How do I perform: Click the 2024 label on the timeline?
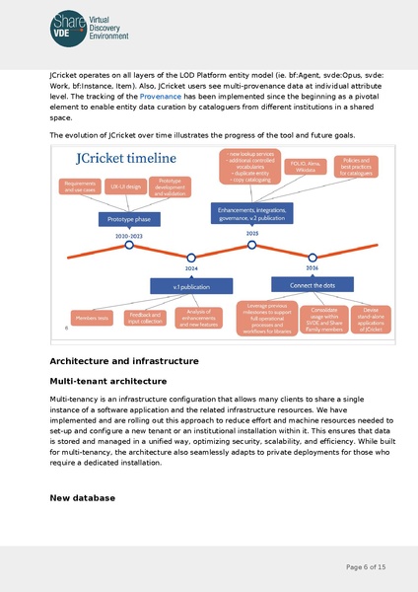click(x=191, y=267)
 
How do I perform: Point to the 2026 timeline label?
click(x=312, y=267)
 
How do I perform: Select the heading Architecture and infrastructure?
click(x=124, y=361)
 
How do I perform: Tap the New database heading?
click(x=83, y=498)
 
